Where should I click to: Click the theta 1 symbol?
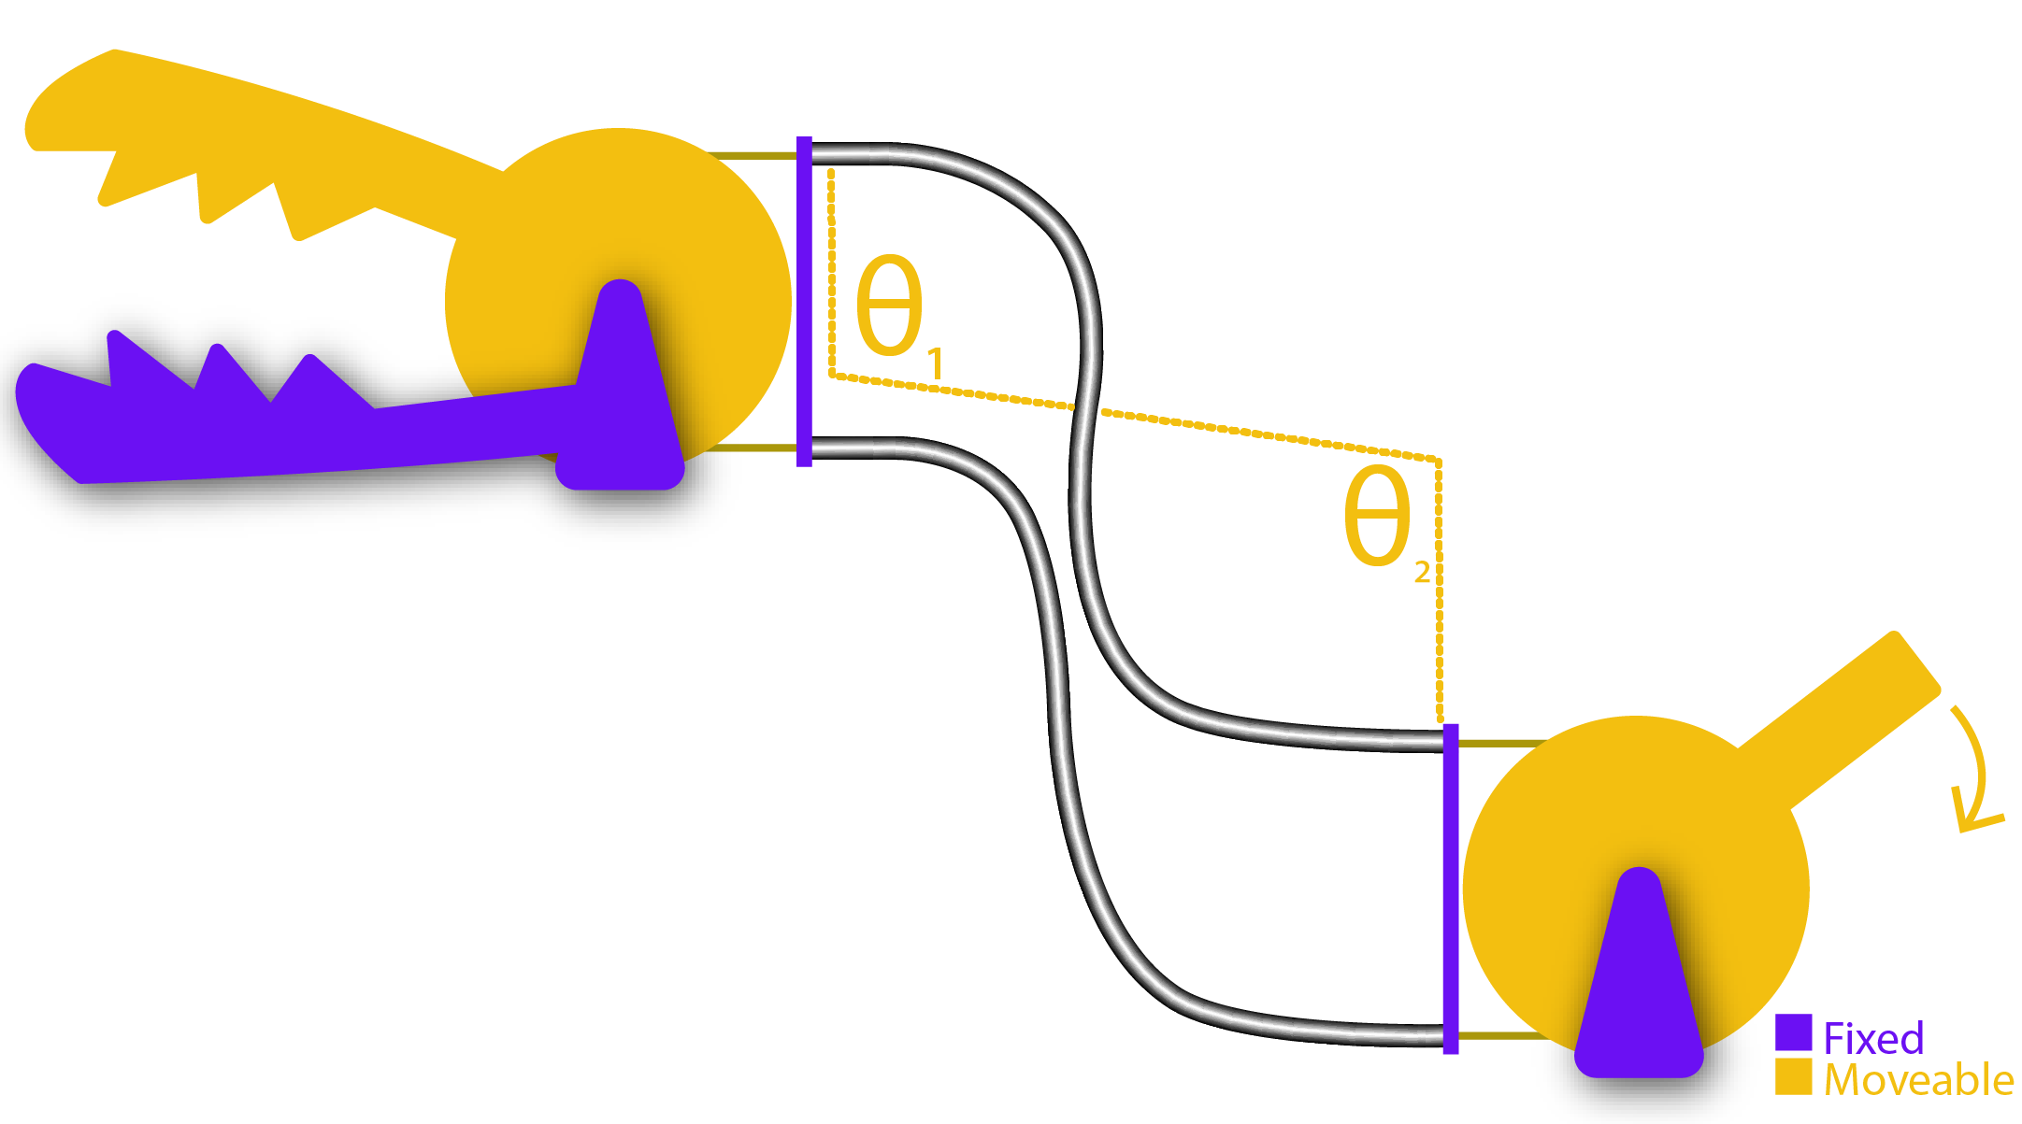889,306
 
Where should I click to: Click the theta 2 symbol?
1376,516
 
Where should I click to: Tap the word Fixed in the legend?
1873,1038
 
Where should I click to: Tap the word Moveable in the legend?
1918,1080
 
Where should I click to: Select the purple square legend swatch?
1793,1032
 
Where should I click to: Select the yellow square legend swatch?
1793,1076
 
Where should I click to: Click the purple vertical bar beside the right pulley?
1451,888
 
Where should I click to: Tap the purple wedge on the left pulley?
622,392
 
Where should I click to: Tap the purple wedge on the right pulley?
1639,981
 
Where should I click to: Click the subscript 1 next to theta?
935,363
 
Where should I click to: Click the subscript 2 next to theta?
1422,572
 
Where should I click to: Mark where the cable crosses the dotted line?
1086,408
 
